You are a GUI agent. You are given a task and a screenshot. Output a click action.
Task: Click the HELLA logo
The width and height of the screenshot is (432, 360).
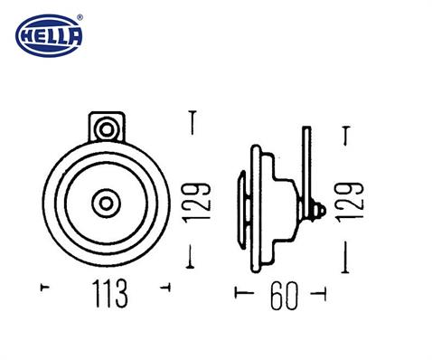click(50, 36)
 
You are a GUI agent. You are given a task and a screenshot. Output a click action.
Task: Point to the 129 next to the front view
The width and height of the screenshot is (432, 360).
click(202, 204)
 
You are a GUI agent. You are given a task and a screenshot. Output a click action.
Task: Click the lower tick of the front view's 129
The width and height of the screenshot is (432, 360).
click(192, 264)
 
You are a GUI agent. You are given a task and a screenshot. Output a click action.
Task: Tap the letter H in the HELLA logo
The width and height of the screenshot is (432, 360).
click(26, 37)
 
